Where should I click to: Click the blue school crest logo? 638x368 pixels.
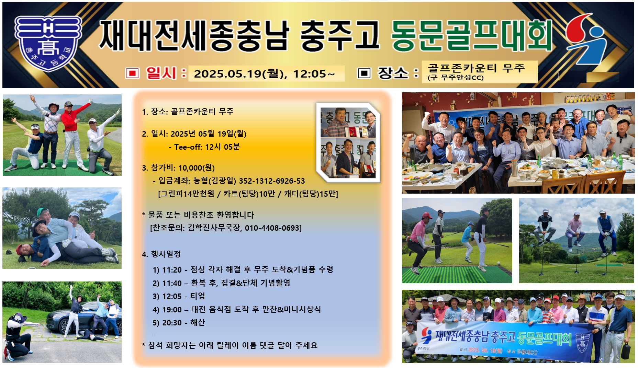point(48,43)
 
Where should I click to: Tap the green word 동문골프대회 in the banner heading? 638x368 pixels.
point(471,36)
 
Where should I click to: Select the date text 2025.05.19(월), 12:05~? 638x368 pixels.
point(264,74)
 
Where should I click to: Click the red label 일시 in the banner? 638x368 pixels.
point(161,73)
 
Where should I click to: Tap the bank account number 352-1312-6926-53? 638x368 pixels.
point(272,181)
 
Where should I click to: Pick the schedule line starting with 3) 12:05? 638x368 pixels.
point(179,296)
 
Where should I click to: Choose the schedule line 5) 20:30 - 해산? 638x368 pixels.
point(179,323)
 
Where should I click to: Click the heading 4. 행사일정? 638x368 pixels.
point(161,254)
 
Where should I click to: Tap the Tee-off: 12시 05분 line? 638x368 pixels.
point(204,147)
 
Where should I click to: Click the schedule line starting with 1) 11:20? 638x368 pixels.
point(243,270)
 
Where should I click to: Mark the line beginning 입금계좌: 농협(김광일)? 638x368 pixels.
point(229,181)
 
